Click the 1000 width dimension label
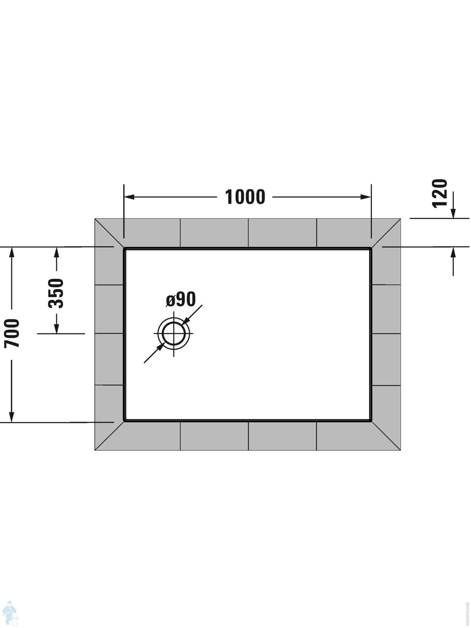tap(245, 197)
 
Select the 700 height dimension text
tap(12, 333)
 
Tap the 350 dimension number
tap(56, 293)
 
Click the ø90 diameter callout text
tap(181, 299)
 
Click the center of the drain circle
tap(174, 333)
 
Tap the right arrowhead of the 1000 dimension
tap(366, 197)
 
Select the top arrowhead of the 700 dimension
tap(12, 252)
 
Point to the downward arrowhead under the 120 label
tap(453, 213)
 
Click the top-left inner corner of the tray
tap(124, 249)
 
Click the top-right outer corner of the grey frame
tap(400, 219)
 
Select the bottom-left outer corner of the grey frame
tap(95, 450)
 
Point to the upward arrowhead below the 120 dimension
tap(453, 253)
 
